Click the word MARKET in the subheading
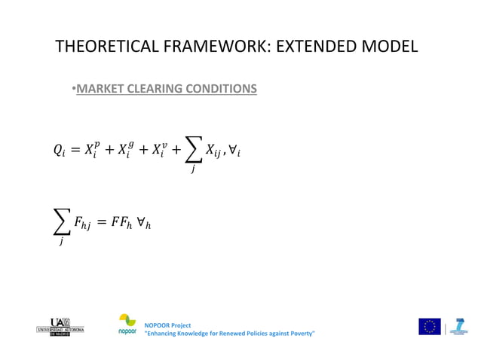(101, 89)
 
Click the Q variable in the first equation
(59, 150)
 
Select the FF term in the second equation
(129, 224)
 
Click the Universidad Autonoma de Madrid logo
(60, 326)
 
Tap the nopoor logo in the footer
(127, 325)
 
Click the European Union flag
(430, 326)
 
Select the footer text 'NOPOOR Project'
(162, 325)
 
